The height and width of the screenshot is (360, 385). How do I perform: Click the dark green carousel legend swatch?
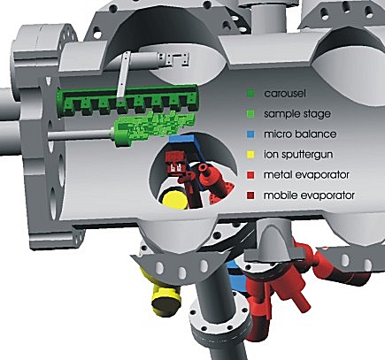point(250,94)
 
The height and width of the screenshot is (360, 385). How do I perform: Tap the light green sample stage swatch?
point(250,114)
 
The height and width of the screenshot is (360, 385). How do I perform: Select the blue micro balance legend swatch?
point(250,134)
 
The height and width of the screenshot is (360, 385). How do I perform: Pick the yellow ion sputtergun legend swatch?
point(250,155)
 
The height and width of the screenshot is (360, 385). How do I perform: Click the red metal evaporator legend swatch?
point(250,175)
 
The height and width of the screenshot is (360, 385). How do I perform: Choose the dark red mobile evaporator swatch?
point(250,195)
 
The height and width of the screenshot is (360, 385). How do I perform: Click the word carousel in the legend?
point(285,94)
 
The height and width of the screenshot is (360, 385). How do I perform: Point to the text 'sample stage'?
point(297,114)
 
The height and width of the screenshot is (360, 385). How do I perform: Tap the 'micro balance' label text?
point(300,134)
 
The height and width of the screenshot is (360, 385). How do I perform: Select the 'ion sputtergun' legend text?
point(298,155)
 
